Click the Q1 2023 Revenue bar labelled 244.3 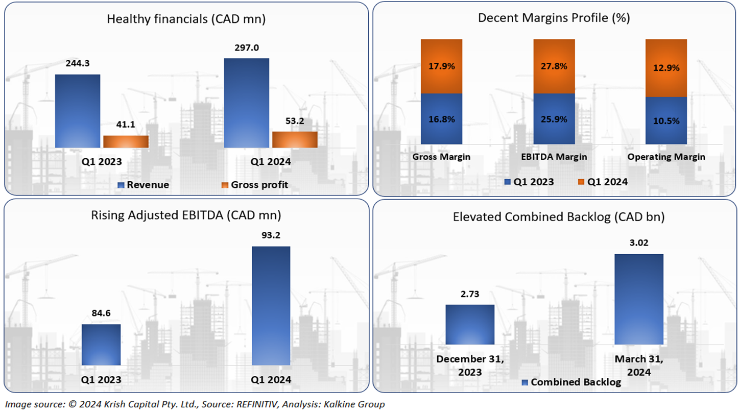click(x=78, y=111)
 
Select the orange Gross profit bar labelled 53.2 click(x=295, y=139)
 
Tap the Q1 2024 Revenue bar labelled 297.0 click(x=246, y=103)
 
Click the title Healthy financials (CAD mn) click(x=186, y=19)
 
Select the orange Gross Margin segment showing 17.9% click(x=441, y=66)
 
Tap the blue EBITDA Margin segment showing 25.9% click(x=554, y=119)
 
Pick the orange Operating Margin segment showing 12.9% click(x=666, y=68)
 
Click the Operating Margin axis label click(x=666, y=157)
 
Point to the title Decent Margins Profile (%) click(x=554, y=18)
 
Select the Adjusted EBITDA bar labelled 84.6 click(x=101, y=345)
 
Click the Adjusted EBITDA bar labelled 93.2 click(x=271, y=306)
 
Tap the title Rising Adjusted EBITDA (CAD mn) click(x=186, y=215)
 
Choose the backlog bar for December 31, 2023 click(x=470, y=324)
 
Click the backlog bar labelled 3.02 click(x=638, y=299)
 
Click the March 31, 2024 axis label click(x=638, y=366)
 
